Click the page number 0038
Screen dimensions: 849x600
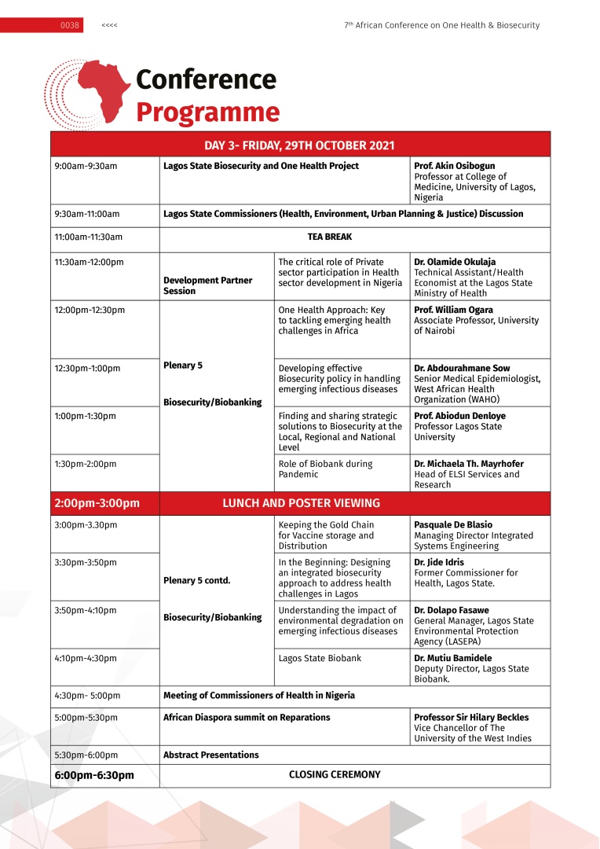(x=70, y=26)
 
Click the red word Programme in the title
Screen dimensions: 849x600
(x=207, y=112)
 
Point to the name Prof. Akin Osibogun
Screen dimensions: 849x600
(x=454, y=167)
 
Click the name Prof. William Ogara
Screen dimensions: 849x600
(x=453, y=311)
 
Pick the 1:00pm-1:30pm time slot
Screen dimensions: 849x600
(x=86, y=416)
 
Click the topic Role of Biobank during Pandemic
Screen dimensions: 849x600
(x=325, y=469)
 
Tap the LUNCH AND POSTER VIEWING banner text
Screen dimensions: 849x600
(x=301, y=503)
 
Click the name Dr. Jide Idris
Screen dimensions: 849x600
(x=439, y=563)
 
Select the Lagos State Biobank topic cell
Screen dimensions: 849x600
(x=320, y=659)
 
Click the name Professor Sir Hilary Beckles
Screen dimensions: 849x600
(x=471, y=718)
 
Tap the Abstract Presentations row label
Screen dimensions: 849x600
(x=210, y=755)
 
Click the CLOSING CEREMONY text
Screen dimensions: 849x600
(x=335, y=775)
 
